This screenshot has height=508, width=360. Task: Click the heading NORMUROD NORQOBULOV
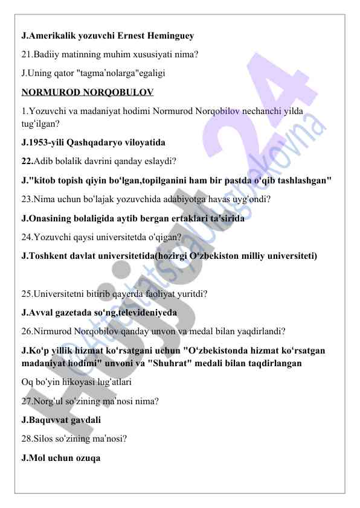click(x=87, y=92)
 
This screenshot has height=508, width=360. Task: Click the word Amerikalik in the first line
click(x=53, y=36)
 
